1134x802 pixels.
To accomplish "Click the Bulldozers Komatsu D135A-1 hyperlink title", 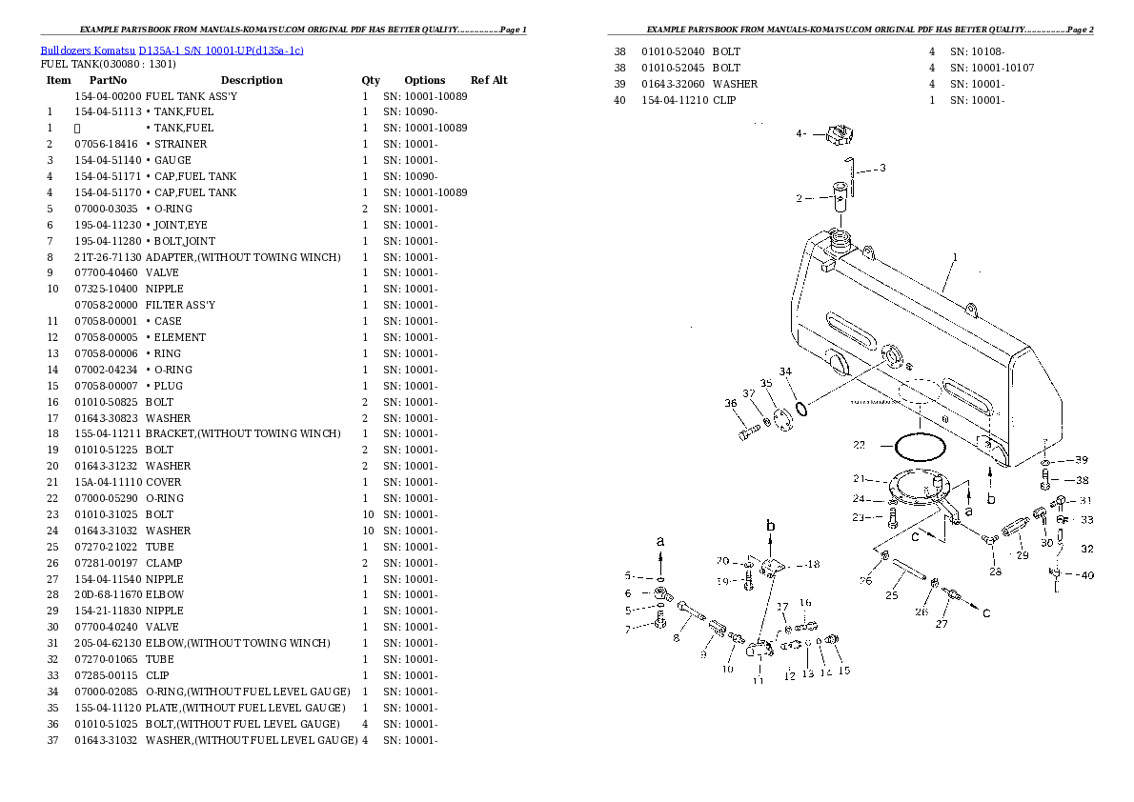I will (172, 50).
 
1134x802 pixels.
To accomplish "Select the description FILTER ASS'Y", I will (180, 305).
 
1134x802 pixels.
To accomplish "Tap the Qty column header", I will (371, 80).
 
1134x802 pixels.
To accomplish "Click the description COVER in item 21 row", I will (164, 482).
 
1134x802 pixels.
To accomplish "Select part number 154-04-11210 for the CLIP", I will (674, 100).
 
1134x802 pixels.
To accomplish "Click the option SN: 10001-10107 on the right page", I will (991, 68).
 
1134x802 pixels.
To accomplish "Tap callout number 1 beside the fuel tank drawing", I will (954, 257).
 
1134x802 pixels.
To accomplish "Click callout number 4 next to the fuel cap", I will (800, 134).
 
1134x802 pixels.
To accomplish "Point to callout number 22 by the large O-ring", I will (859, 444).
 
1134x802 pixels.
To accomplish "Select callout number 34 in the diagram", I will (785, 371).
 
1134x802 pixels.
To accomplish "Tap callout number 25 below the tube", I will (891, 595).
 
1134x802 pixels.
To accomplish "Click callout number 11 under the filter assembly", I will (759, 680).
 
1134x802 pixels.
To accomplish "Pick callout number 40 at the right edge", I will (1087, 574).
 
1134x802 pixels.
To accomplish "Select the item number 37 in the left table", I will (52, 740).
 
